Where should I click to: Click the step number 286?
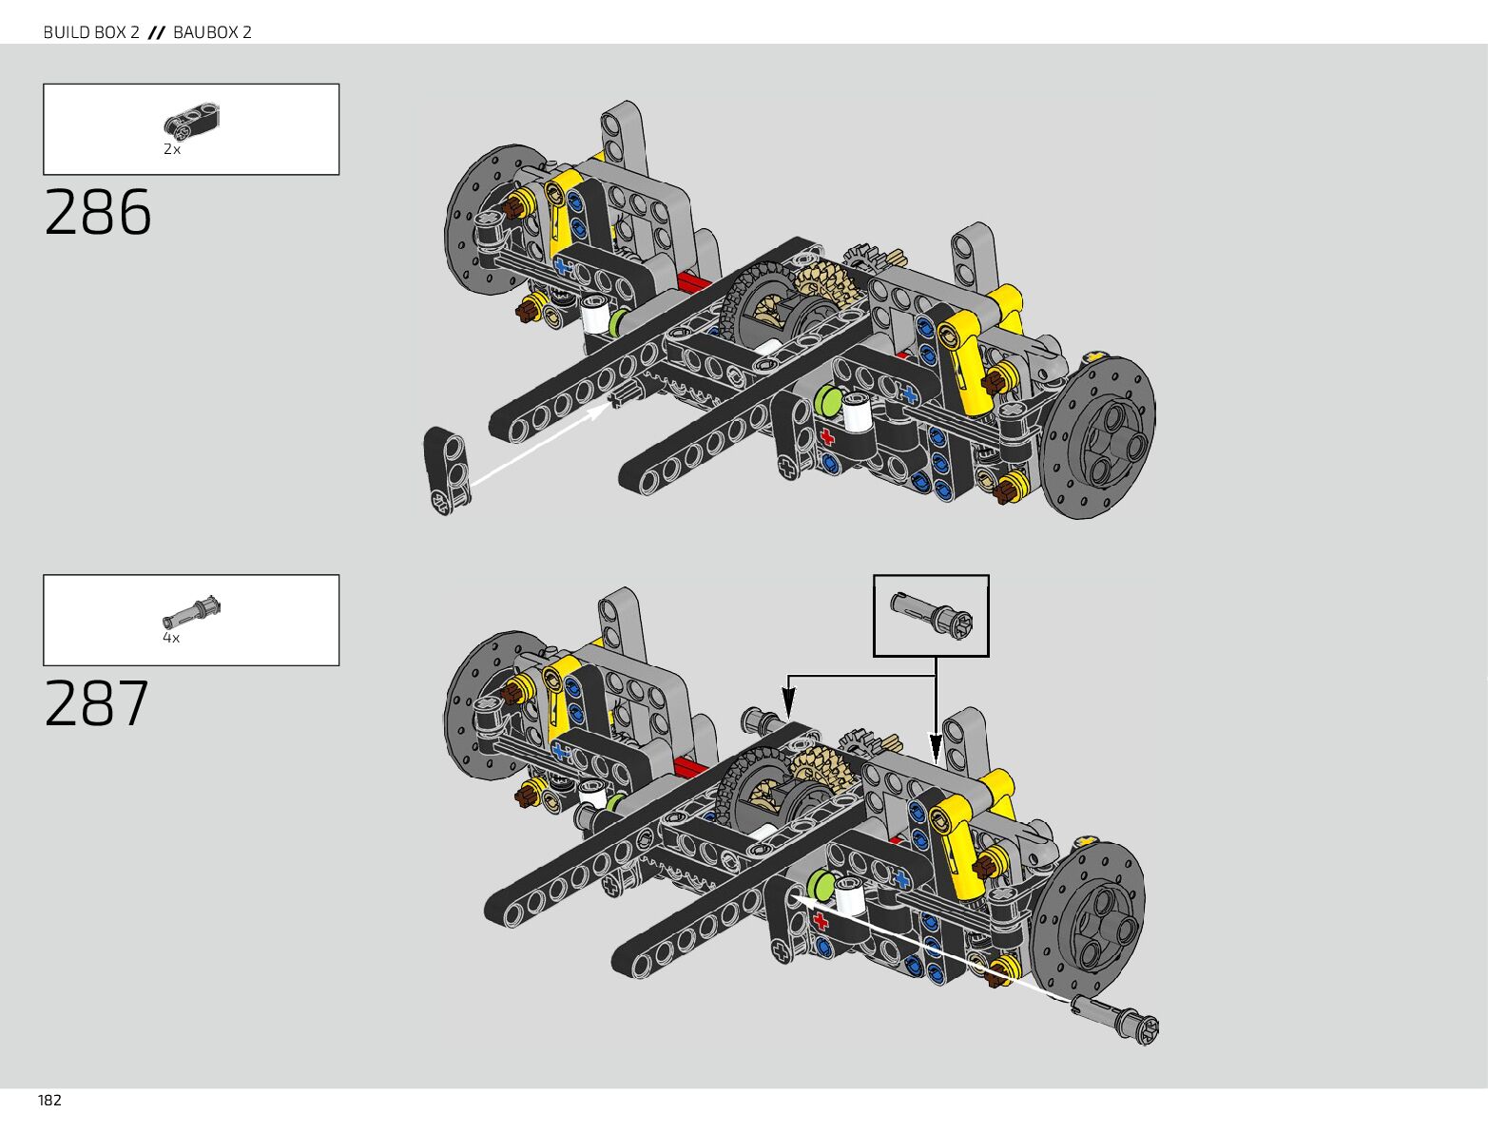pos(98,212)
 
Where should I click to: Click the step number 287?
pos(97,703)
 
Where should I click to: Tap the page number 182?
pos(49,1101)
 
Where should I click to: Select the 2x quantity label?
pos(172,149)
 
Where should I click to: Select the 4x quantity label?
pos(171,638)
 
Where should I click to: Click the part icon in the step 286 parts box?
pos(192,120)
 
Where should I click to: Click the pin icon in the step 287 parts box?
pos(192,610)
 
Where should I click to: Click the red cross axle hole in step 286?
pos(826,437)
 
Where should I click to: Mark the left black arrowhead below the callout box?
pos(788,708)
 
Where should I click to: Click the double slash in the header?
pos(157,32)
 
